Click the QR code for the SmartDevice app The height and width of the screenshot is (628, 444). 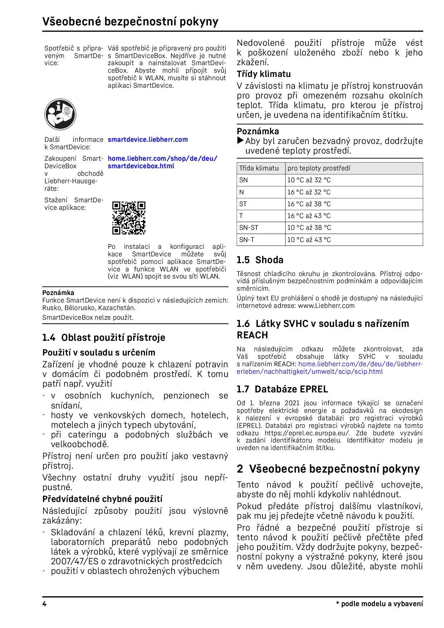point(129,218)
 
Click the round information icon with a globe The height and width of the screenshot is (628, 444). point(60,115)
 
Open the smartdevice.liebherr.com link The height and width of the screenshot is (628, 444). point(148,140)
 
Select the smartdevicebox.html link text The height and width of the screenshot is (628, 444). point(141,166)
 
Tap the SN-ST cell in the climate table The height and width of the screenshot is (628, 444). point(248,228)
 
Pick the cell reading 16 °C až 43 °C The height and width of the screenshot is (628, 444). point(309,216)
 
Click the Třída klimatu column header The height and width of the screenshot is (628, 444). point(259,168)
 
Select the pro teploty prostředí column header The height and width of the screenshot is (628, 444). point(319,168)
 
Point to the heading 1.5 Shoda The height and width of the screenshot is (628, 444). point(260,260)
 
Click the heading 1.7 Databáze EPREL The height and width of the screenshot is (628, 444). point(282,389)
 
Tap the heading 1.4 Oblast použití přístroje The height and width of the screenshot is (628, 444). point(104,338)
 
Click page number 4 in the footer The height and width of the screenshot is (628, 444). point(44,604)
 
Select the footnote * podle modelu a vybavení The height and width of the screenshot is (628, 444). point(379,604)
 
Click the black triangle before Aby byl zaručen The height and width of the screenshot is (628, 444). point(240,140)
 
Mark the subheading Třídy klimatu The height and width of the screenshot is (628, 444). point(264,74)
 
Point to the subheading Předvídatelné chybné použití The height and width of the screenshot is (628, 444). point(102,499)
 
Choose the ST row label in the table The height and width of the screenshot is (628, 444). point(243,204)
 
